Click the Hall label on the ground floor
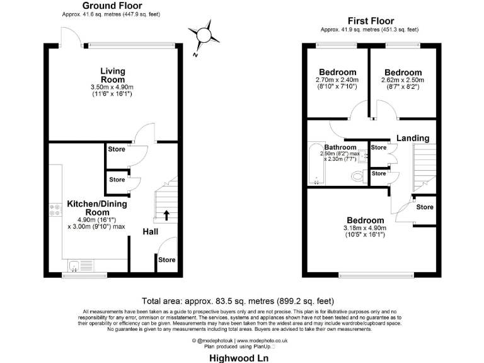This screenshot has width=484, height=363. (x=150, y=232)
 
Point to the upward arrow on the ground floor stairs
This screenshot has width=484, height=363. (x=166, y=216)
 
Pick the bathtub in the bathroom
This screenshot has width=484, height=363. (x=314, y=164)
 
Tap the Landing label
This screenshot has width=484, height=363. (x=413, y=138)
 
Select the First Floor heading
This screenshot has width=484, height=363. (x=369, y=20)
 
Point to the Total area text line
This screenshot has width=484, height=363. (x=241, y=301)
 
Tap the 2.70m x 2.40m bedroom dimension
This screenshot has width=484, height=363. (x=337, y=80)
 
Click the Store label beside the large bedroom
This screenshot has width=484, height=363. (x=425, y=207)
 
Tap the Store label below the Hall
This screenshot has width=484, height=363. (x=167, y=260)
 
